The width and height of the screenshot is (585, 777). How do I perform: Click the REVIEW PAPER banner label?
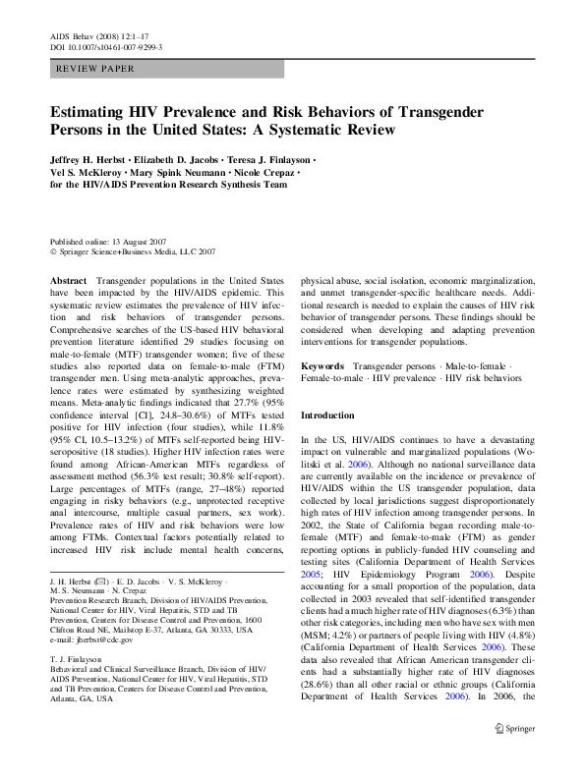click(x=96, y=70)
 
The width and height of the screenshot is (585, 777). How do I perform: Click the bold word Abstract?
click(x=67, y=281)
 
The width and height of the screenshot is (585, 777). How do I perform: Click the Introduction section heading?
click(x=331, y=416)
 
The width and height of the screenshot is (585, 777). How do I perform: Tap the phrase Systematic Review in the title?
click(x=336, y=130)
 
